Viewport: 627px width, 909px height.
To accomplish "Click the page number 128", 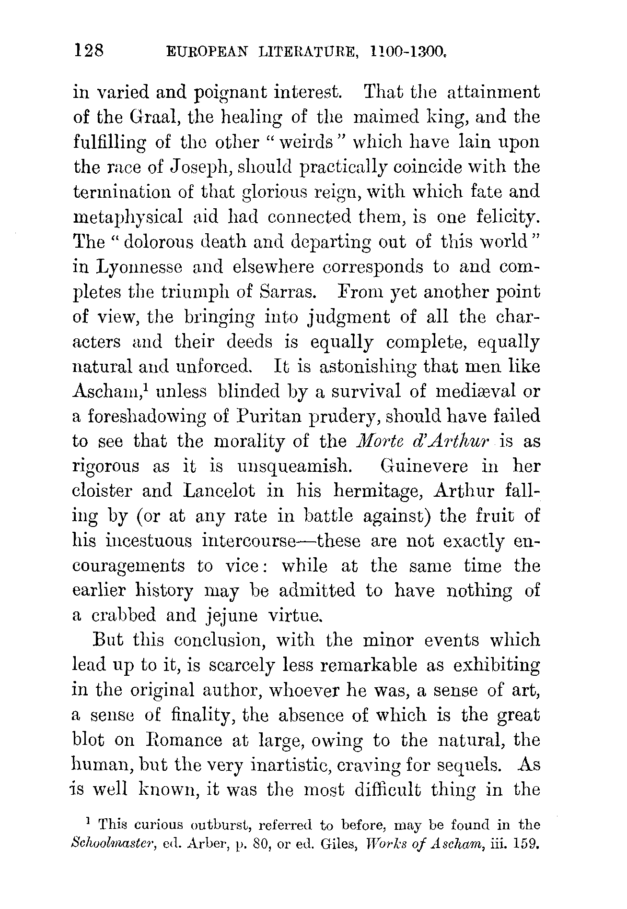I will point(89,50).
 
